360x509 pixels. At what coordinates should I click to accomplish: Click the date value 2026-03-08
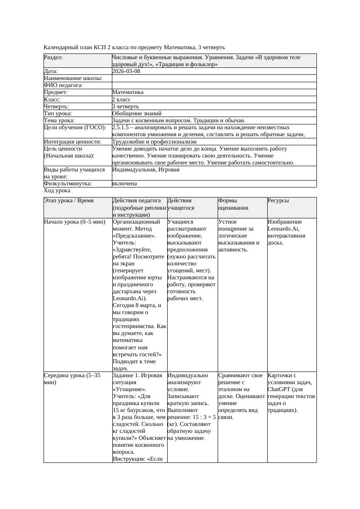(126, 71)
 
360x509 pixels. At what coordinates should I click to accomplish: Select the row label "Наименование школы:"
(73, 78)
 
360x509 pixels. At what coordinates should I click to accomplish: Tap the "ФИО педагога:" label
(64, 85)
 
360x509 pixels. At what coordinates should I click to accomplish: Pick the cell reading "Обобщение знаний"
(134, 113)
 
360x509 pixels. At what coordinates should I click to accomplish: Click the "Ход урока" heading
(57, 191)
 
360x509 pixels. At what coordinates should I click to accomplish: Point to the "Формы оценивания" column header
(233, 204)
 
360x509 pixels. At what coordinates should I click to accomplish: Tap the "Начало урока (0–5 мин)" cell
(74, 222)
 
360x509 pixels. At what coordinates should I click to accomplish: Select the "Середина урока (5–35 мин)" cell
(72, 378)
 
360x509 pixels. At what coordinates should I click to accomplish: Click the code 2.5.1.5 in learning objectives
(122, 127)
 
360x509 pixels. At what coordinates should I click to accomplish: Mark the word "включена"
(124, 184)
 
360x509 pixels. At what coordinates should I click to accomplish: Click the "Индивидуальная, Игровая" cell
(146, 170)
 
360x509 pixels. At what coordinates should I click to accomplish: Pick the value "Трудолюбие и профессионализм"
(154, 142)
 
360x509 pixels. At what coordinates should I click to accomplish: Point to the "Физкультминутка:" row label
(68, 184)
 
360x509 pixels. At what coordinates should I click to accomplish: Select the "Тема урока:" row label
(59, 121)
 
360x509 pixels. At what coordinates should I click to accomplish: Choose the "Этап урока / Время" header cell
(69, 201)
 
